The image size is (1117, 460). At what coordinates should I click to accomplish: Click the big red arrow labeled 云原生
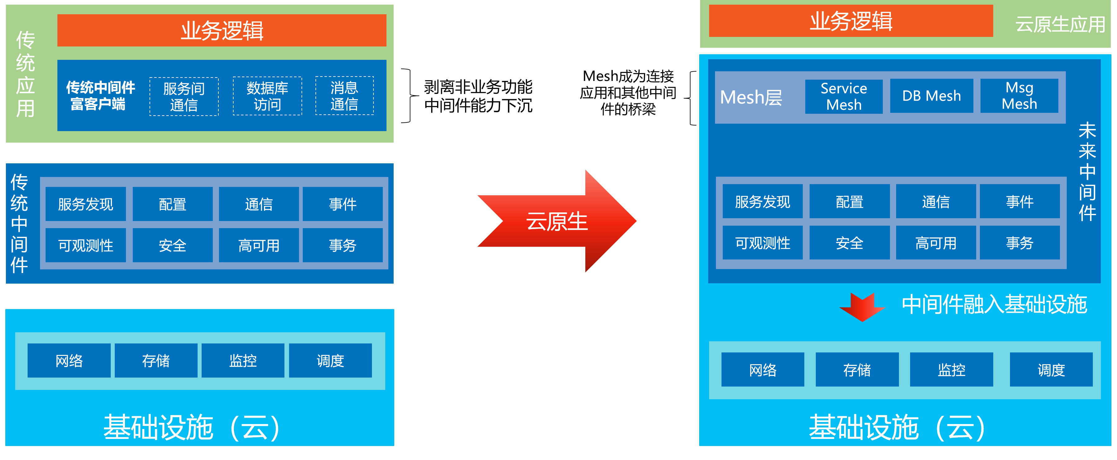[x=557, y=221]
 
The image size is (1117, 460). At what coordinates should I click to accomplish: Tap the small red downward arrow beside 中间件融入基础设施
[x=862, y=307]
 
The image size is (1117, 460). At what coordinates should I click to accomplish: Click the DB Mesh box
[x=932, y=96]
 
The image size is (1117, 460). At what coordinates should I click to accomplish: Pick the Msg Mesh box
[x=1019, y=96]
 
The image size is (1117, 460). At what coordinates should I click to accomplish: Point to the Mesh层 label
[x=751, y=97]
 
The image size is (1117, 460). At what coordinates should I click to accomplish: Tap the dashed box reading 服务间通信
[x=184, y=97]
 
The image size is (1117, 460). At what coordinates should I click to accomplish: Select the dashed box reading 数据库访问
[x=267, y=96]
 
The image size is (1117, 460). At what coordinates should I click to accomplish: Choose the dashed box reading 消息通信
[x=344, y=96]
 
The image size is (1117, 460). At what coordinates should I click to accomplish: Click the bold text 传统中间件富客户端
[x=100, y=96]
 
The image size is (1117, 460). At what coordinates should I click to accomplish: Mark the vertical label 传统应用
[x=25, y=74]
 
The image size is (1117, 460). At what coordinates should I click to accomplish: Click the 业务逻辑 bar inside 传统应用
[x=221, y=30]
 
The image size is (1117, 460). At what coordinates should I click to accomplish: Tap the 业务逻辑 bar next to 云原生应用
[x=851, y=21]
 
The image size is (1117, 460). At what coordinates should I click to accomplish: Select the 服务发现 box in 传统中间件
[x=85, y=204]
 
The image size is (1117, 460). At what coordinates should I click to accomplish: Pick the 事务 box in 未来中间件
[x=1019, y=243]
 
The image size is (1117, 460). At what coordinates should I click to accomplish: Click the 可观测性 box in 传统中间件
[x=85, y=245]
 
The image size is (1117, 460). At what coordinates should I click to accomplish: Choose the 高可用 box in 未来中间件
[x=936, y=243]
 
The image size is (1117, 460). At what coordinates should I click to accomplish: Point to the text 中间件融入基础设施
[x=994, y=304]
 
